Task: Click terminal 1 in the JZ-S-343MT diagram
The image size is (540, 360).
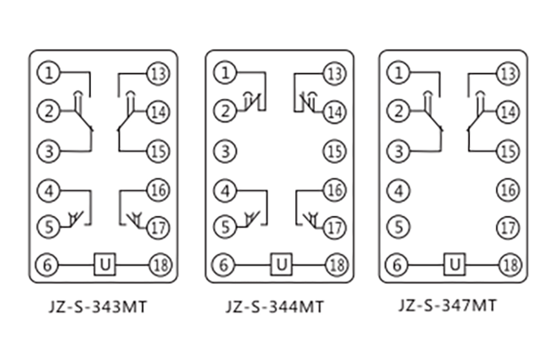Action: coord(50,72)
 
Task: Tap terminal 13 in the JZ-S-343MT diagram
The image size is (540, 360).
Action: coord(158,72)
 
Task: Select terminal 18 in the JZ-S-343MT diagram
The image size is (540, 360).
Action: coord(158,265)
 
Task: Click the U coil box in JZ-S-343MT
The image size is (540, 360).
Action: coord(105,265)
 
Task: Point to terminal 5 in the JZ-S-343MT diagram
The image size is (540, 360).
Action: coord(50,228)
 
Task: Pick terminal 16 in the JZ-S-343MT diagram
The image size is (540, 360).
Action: coord(158,190)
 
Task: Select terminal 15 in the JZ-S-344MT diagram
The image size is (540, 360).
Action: coord(335,151)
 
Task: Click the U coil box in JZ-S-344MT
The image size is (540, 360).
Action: coord(282,265)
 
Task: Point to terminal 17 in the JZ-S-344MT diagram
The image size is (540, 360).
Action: coord(335,228)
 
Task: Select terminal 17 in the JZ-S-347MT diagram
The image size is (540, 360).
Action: coord(508,228)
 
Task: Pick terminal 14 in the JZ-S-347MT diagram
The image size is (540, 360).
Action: coord(508,112)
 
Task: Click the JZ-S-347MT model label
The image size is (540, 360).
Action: coord(447,306)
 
